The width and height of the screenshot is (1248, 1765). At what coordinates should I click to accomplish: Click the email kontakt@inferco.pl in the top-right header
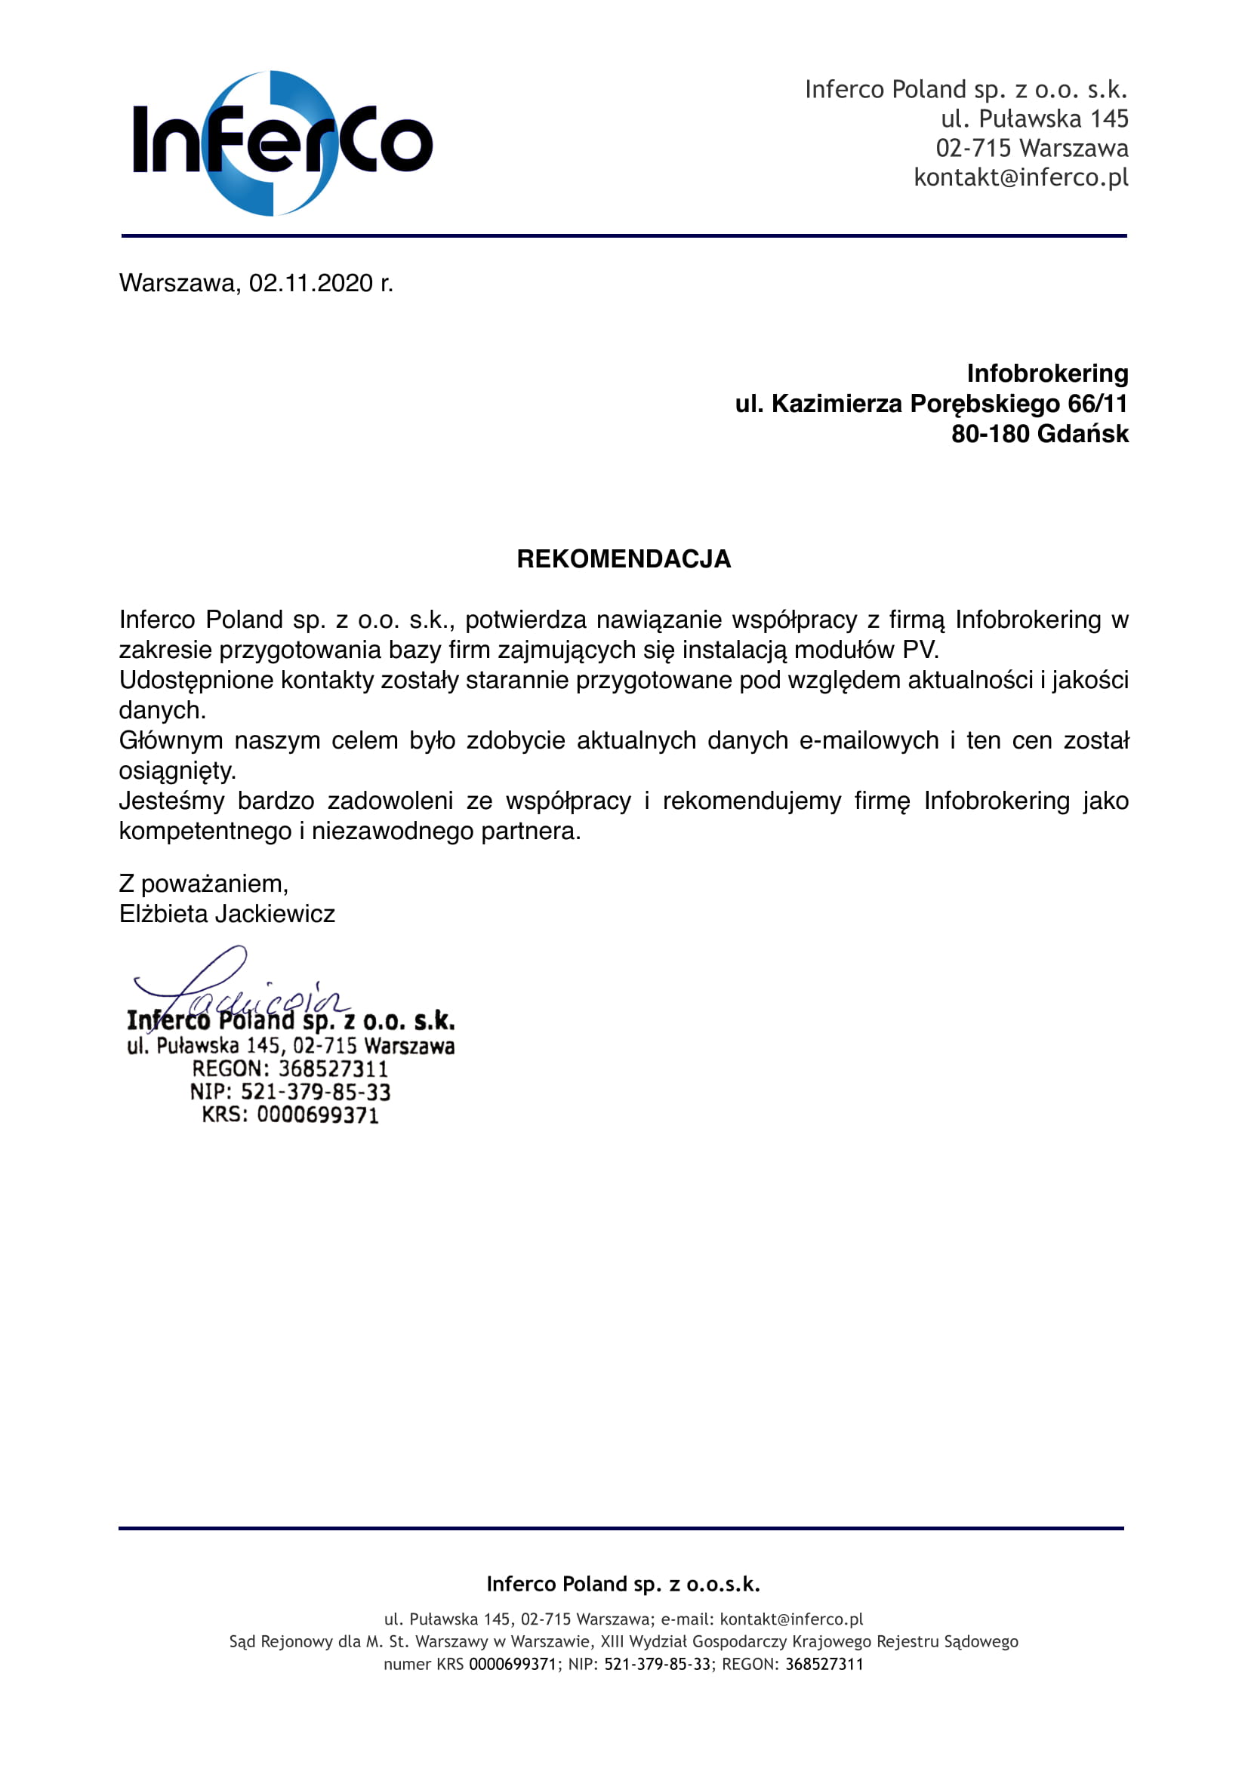(x=1021, y=177)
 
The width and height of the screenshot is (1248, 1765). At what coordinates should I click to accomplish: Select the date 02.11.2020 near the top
(x=310, y=284)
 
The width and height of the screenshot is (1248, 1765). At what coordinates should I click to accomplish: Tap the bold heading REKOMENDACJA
(x=624, y=559)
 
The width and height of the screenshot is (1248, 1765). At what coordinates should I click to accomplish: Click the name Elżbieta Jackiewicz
(x=226, y=914)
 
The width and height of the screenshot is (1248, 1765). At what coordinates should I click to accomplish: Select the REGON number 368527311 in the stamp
(x=333, y=1069)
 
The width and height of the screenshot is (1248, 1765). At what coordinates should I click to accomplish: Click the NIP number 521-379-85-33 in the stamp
(x=316, y=1092)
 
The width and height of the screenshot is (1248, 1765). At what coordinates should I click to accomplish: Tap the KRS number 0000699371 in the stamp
(x=318, y=1115)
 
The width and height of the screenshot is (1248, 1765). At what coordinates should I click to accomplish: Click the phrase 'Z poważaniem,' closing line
(x=204, y=884)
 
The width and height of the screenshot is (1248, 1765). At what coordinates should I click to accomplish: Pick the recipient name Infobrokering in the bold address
(x=1047, y=374)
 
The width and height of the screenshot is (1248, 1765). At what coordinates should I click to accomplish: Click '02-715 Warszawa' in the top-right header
(x=1032, y=148)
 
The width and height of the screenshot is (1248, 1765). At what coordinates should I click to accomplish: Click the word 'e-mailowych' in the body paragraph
(x=869, y=740)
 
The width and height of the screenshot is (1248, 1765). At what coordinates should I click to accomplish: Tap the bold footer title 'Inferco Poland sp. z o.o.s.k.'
(x=624, y=1584)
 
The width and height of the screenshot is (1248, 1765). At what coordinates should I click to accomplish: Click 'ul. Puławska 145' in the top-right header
(x=1034, y=118)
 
